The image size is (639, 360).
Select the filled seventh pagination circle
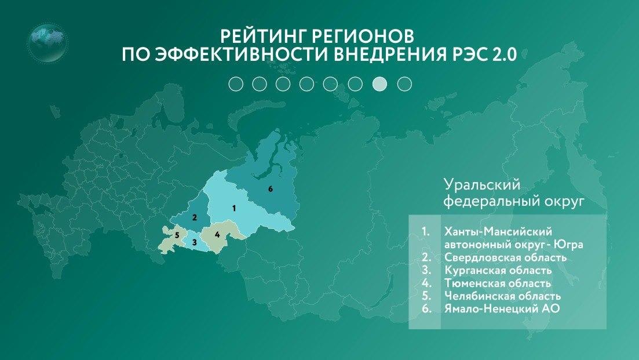[x=379, y=84]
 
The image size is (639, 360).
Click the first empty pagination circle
[x=235, y=84]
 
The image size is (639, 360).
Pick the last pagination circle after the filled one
[x=404, y=84]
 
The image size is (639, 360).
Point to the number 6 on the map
[x=270, y=189]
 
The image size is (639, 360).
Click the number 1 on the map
[x=233, y=207]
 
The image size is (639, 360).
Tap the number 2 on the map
[x=195, y=218]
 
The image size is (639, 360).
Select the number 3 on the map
[x=195, y=242]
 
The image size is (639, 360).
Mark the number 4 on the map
[x=217, y=235]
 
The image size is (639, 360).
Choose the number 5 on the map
[x=177, y=235]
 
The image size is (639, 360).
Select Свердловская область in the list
[x=505, y=257]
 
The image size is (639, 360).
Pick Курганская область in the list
[x=498, y=270]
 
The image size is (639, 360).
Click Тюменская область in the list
[x=497, y=283]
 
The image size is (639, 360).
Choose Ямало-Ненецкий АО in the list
[x=502, y=309]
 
